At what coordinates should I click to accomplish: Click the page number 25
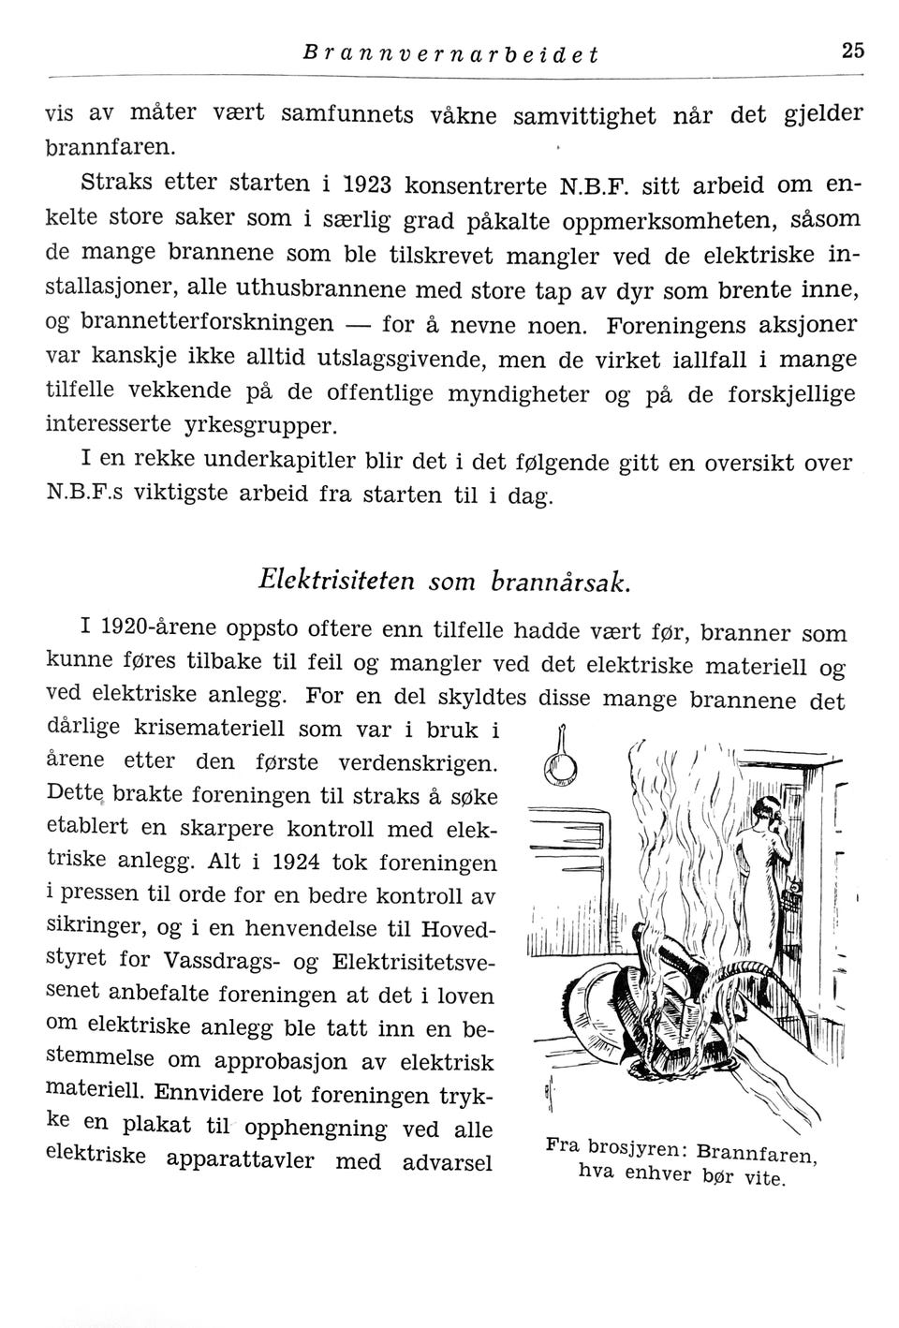(x=851, y=51)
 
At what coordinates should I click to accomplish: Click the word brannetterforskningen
(x=208, y=323)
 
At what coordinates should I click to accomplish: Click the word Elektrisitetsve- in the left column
(x=414, y=962)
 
